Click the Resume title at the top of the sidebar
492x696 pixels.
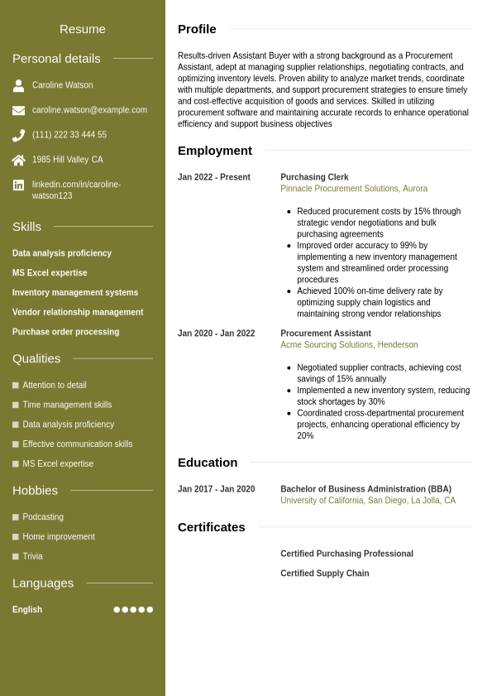click(83, 29)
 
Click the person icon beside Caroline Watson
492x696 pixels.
click(18, 85)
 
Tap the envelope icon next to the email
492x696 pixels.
click(18, 110)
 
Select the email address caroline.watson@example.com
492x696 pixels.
click(89, 110)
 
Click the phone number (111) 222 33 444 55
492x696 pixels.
click(69, 135)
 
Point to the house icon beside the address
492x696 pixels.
click(18, 160)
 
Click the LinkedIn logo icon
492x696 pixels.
click(18, 185)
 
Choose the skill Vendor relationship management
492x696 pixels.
click(78, 312)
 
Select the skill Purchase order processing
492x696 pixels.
click(65, 332)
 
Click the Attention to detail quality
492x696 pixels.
click(55, 385)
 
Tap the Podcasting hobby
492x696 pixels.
click(43, 517)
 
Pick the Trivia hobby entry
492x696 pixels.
click(32, 556)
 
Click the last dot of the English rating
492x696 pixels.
click(150, 610)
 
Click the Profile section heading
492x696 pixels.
click(197, 29)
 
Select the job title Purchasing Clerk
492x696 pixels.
click(314, 177)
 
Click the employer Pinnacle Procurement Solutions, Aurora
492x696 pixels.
click(354, 189)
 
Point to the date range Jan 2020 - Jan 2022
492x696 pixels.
click(216, 334)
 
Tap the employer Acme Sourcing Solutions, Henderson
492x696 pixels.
click(349, 345)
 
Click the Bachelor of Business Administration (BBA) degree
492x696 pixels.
click(365, 489)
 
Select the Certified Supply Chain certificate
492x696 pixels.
click(325, 574)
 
